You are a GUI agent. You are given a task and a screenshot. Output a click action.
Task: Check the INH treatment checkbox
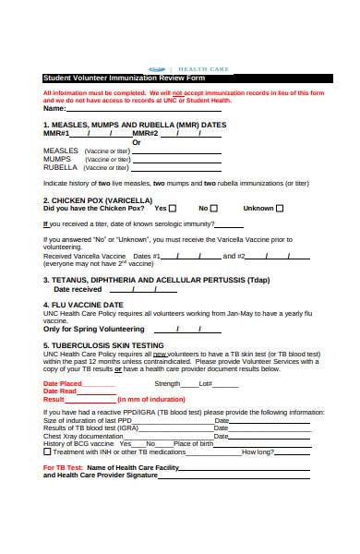pos(47,452)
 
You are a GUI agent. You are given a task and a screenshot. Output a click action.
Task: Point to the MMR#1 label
pos(56,132)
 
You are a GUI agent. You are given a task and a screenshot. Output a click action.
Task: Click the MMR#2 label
pos(145,132)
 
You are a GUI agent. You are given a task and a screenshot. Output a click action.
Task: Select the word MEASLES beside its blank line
pos(61,150)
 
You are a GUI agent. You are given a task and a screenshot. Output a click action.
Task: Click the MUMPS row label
pos(57,159)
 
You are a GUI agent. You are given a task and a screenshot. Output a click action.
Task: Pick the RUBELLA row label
pos(60,168)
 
